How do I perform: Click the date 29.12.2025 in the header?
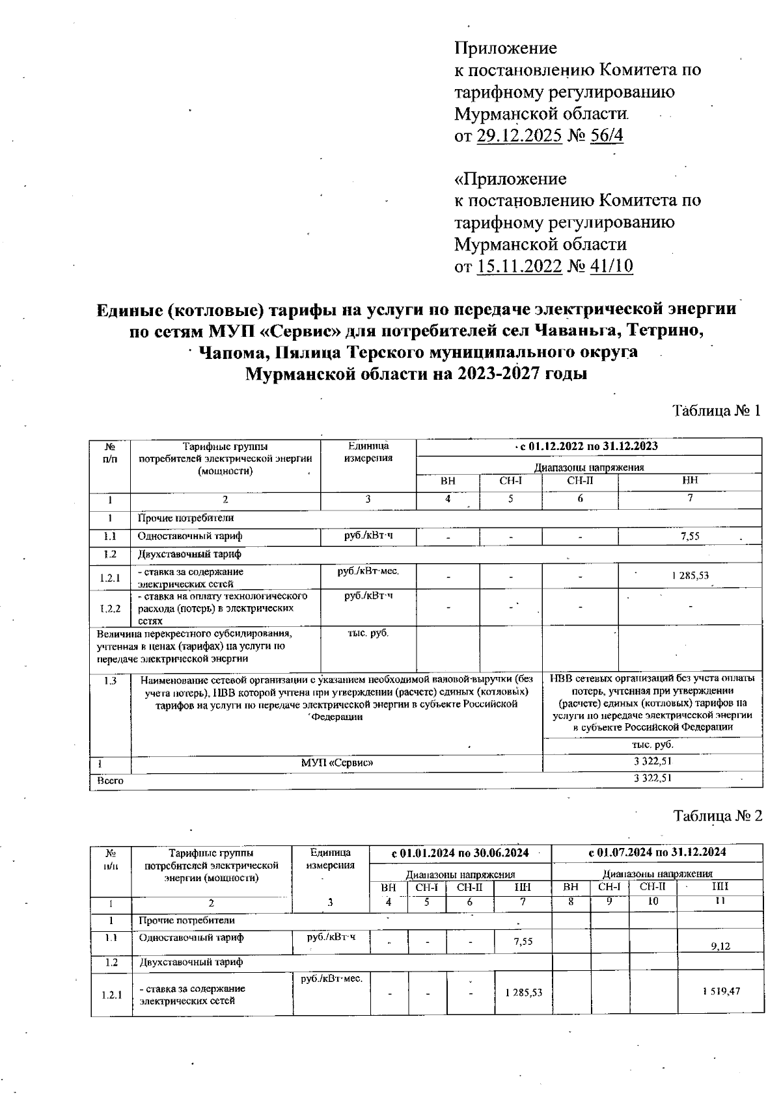coord(519,137)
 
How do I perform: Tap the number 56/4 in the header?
coord(606,137)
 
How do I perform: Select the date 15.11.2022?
coord(519,267)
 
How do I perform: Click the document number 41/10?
coord(610,267)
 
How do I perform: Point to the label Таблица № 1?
coord(716,411)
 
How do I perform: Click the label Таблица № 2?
coord(717,816)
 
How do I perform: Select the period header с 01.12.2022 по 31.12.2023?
coord(588,446)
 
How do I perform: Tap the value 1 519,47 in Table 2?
coord(720,991)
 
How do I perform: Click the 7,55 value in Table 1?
coord(689,536)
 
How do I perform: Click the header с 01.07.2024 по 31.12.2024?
coord(657,852)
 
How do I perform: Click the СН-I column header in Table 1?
coord(511,482)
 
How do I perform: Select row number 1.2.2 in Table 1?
coord(110,609)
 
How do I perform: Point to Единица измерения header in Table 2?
coord(331,858)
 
